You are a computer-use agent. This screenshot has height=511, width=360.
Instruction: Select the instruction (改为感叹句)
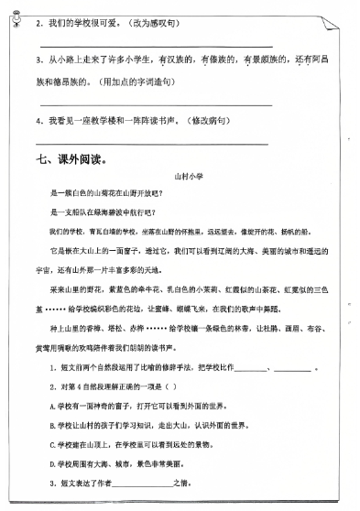157,20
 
